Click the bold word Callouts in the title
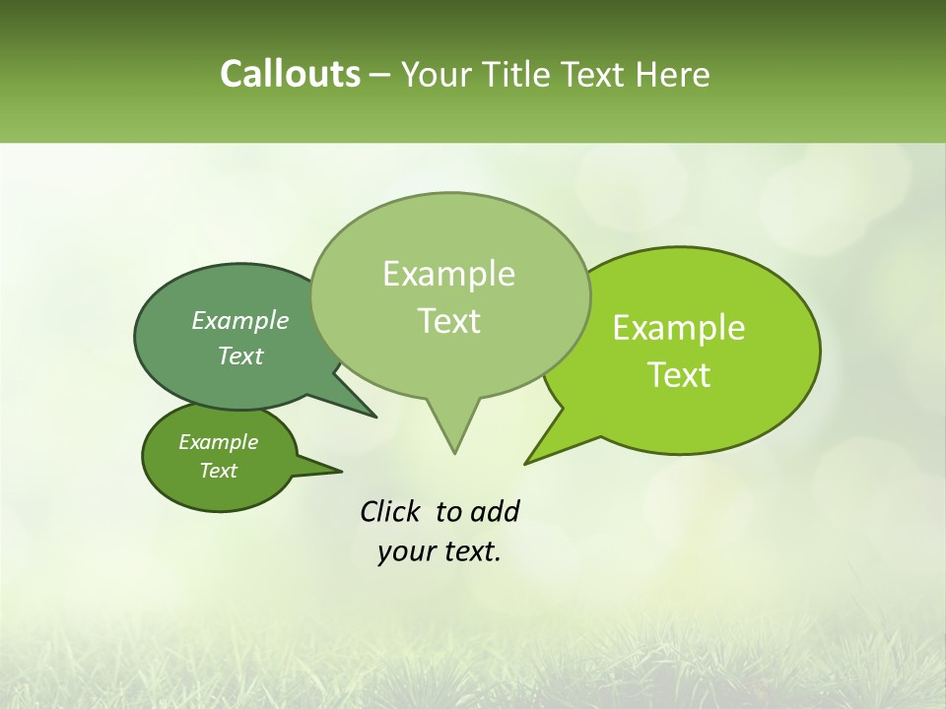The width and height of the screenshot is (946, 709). pos(290,75)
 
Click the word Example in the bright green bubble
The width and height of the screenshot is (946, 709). pos(679,328)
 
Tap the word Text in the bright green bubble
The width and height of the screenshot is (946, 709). pos(680,375)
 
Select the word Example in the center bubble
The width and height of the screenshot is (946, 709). pos(448,274)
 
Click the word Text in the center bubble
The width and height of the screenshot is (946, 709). pos(449,321)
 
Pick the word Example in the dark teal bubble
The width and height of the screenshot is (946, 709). pos(240,320)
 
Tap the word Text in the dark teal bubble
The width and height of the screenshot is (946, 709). pos(240,355)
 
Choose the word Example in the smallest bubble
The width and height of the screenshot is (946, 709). pos(218,442)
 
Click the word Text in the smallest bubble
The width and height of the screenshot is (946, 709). pos(218,471)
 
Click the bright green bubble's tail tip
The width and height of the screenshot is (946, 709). pos(526,462)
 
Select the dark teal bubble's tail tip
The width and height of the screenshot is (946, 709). pos(374,417)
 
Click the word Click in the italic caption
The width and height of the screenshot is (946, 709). pos(392,511)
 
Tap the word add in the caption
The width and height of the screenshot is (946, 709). pos(493,511)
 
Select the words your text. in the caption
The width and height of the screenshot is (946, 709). pos(439,551)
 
